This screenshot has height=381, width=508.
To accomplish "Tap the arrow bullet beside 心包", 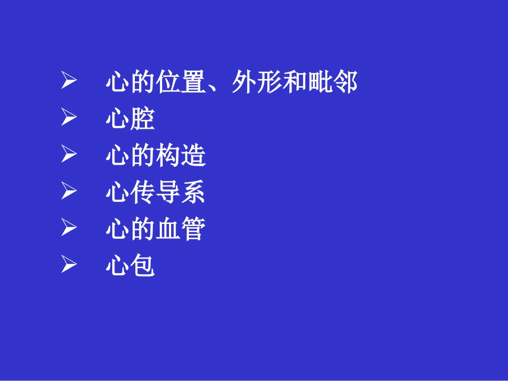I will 69,265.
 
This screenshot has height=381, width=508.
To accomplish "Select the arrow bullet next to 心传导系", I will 69,192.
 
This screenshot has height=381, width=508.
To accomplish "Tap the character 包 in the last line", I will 143,266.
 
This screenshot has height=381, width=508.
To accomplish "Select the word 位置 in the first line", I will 181,82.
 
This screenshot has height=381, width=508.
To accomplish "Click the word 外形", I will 256,82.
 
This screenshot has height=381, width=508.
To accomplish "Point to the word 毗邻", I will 332,82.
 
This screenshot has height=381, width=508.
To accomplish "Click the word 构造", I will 181,156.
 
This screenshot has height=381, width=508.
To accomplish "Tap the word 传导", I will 155,193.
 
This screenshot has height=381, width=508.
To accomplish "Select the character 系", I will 193,193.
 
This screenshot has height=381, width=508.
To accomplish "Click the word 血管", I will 181,230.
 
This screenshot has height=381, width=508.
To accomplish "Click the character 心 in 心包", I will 117,266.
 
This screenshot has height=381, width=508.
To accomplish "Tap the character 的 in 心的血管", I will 143,230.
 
